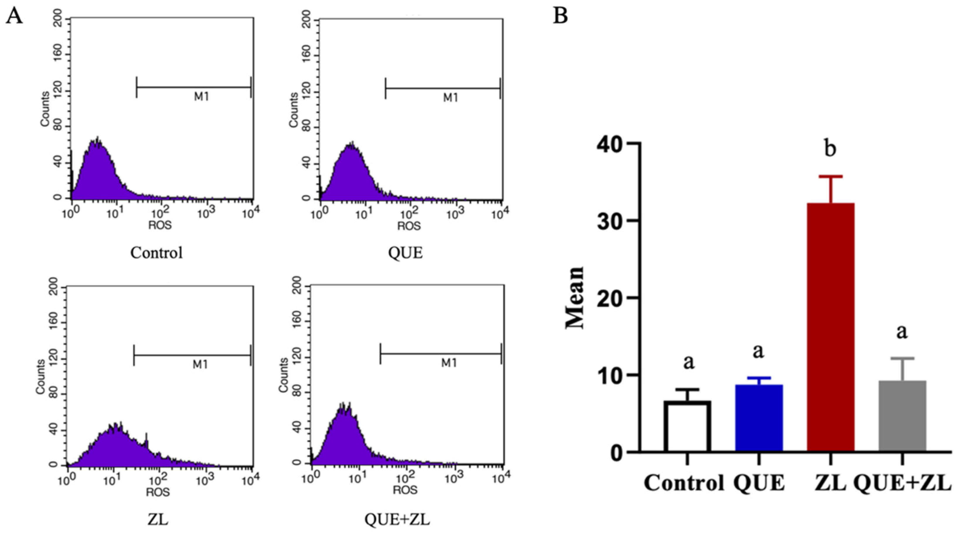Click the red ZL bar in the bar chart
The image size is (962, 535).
(x=830, y=328)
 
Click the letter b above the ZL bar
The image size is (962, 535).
(x=830, y=148)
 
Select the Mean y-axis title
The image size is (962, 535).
(x=575, y=297)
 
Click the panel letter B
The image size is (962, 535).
(x=560, y=16)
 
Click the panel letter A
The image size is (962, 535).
(x=14, y=16)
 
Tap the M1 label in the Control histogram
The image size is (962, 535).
(x=201, y=97)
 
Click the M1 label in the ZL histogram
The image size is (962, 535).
(x=200, y=364)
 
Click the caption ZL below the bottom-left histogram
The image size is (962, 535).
(x=158, y=519)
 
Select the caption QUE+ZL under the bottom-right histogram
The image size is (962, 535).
(x=397, y=519)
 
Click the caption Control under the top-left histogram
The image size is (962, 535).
(x=156, y=253)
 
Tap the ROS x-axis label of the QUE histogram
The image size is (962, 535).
(x=408, y=226)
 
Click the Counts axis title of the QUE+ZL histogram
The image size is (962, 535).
(x=284, y=375)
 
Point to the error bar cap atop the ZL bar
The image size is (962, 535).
(x=830, y=176)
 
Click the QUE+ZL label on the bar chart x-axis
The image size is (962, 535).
(x=902, y=483)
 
